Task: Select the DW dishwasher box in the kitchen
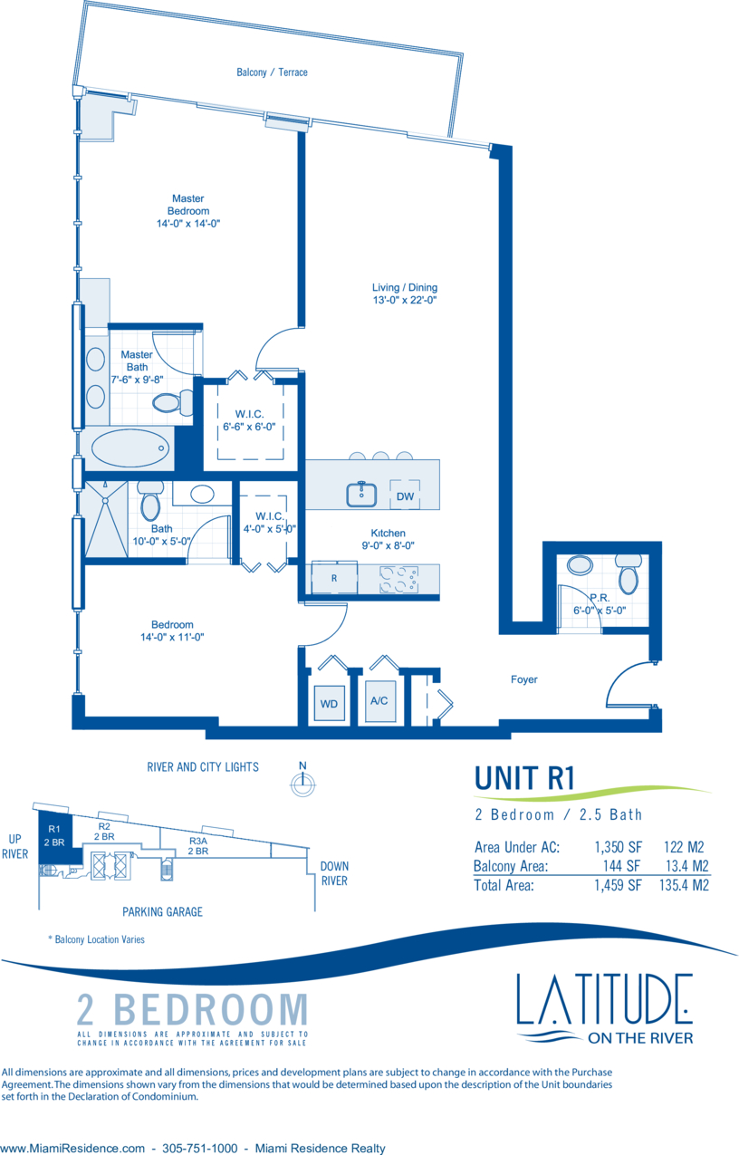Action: [x=405, y=496]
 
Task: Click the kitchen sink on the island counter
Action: [x=361, y=494]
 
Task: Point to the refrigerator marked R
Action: [x=334, y=578]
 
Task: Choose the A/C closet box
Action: [x=379, y=700]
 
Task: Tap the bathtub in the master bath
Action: [x=130, y=448]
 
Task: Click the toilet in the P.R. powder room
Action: [x=627, y=575]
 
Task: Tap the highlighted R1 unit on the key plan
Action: [x=53, y=835]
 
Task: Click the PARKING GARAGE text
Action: [x=162, y=911]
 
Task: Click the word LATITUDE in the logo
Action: [x=604, y=999]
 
